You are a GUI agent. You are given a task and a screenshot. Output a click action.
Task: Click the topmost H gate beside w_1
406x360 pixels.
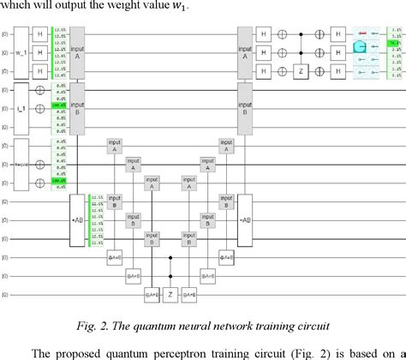[x=40, y=31]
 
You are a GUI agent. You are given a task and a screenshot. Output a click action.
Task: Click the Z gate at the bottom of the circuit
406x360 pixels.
[x=170, y=294]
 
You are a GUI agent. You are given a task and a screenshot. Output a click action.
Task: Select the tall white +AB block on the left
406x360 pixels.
[x=77, y=220]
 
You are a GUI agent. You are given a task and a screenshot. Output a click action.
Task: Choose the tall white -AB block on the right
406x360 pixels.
[x=245, y=220]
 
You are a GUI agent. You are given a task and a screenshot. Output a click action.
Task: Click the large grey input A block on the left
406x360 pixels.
[x=78, y=49]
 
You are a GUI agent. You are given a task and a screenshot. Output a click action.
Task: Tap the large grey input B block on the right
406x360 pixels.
[x=245, y=111]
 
